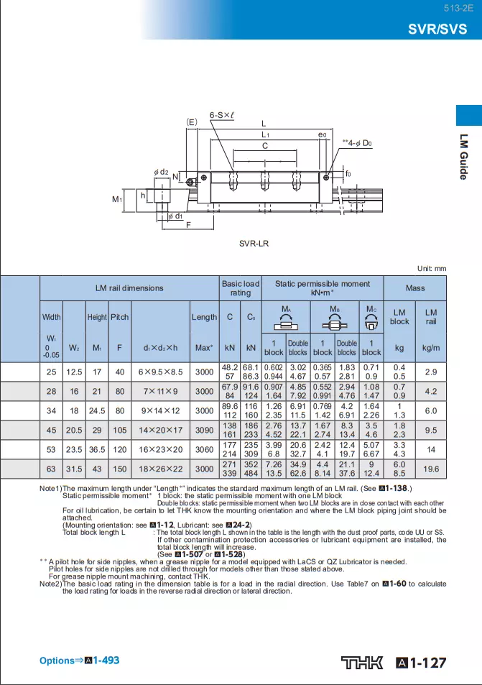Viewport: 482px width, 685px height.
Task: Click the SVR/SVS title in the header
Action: [x=437, y=29]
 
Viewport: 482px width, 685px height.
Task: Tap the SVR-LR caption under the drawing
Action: [x=254, y=244]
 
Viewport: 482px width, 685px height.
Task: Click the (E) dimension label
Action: [x=191, y=121]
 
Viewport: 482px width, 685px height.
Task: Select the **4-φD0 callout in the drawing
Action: [x=356, y=144]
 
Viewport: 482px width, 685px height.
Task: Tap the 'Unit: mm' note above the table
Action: [x=431, y=268]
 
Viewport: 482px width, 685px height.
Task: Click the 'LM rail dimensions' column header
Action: [x=129, y=288]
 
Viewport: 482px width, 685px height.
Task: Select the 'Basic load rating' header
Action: [x=241, y=288]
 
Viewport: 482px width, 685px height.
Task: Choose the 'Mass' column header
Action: [x=415, y=288]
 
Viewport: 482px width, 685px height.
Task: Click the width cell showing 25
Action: [x=51, y=372]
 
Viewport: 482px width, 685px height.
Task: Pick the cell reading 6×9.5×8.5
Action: [x=160, y=372]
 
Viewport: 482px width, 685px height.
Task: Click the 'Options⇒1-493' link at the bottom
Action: [x=79, y=660]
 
